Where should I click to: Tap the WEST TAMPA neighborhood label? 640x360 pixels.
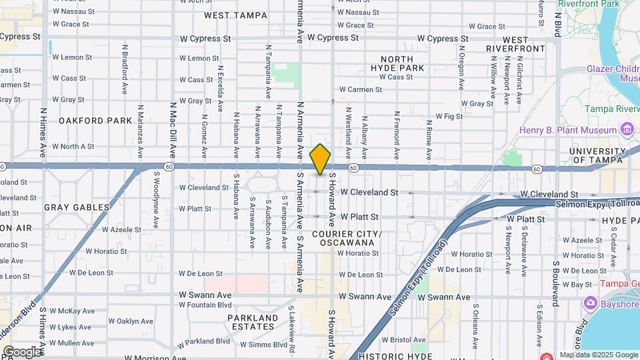point(226,15)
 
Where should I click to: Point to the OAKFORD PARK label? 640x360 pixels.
point(95,121)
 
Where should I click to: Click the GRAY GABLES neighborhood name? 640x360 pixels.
point(77,207)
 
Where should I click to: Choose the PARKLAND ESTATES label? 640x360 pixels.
point(251,322)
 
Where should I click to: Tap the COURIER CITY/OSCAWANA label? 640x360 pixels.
point(347,239)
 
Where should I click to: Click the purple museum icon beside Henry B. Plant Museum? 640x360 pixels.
point(626,128)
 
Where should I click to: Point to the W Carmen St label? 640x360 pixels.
point(360,89)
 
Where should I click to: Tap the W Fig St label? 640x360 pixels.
point(449,116)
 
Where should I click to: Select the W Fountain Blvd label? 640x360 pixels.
point(205,305)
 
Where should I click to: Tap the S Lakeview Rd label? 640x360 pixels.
point(291,327)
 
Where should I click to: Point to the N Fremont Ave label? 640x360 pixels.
point(397,135)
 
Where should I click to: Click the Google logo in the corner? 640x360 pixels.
point(21,352)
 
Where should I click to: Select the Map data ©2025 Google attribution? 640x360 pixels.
point(599,355)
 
